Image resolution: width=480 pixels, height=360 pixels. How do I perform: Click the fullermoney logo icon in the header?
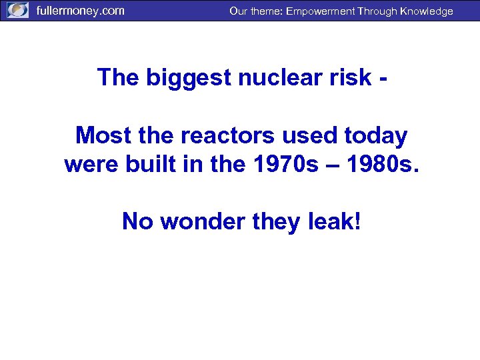coord(17,11)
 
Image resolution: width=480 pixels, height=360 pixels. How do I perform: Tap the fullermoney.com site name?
coord(80,11)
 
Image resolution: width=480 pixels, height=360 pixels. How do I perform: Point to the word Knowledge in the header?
coord(426,11)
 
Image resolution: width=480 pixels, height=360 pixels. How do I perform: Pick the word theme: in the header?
coord(266,11)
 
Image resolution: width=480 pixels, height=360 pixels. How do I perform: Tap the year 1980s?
coord(383,163)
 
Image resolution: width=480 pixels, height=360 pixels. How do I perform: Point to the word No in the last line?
coord(138,221)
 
